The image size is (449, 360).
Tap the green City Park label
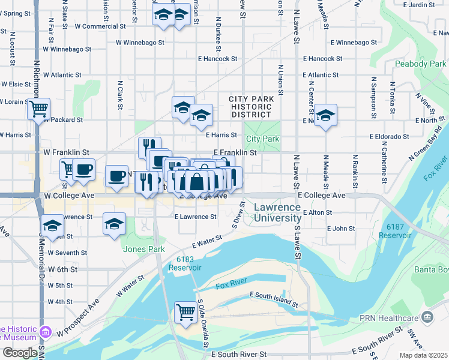[x=263, y=139]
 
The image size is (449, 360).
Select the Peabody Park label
[x=420, y=64]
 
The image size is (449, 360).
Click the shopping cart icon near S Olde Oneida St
[x=186, y=311]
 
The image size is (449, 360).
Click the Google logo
[x=20, y=352]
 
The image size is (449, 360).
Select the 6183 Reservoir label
[x=189, y=263]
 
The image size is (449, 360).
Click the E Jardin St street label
[x=418, y=5]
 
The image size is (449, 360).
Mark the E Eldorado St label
[x=389, y=136]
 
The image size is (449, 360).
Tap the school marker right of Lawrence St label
[x=114, y=223]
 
